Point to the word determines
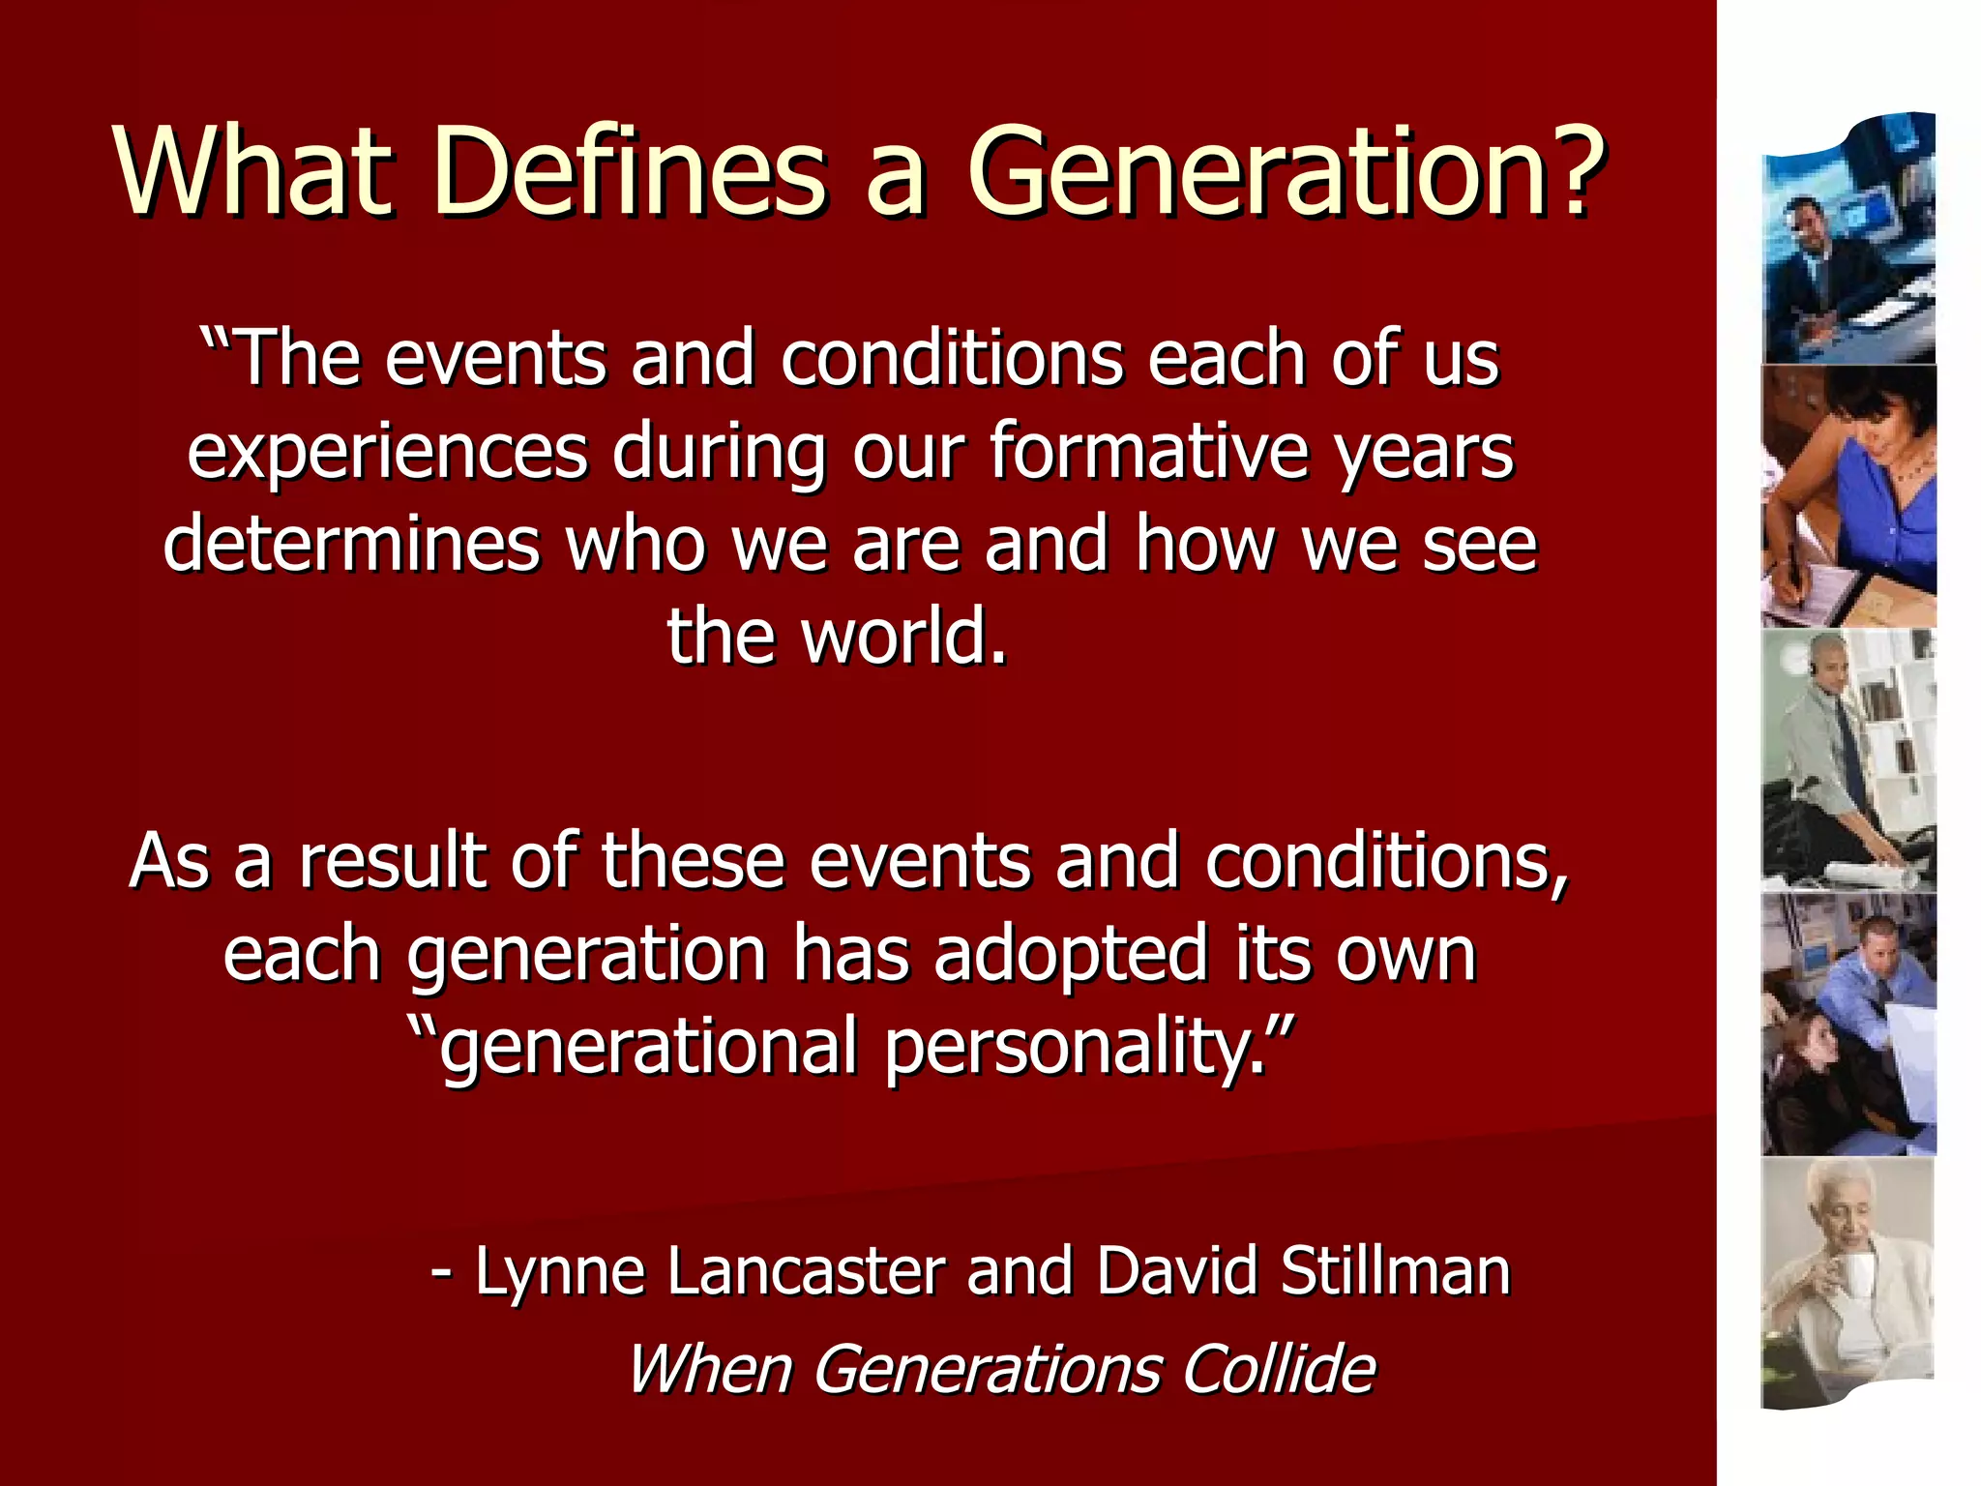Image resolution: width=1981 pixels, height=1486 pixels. click(350, 545)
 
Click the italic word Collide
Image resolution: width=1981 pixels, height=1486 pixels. click(1279, 1370)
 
